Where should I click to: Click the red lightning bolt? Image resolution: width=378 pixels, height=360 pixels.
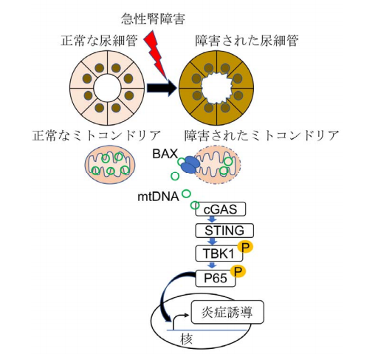click(x=156, y=55)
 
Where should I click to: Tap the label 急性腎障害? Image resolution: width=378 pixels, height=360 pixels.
click(x=153, y=19)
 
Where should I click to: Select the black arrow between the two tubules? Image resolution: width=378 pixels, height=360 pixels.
click(x=162, y=88)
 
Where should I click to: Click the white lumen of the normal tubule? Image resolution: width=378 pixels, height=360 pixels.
click(x=107, y=88)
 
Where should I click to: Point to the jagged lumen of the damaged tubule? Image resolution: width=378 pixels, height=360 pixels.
click(x=216, y=88)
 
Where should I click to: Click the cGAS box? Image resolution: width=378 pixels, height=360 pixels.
click(x=221, y=209)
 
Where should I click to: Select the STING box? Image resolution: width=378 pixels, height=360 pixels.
click(x=224, y=231)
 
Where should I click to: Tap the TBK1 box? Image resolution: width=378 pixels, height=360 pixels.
click(x=219, y=254)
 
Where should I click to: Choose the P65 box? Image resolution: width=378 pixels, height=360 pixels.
click(x=216, y=279)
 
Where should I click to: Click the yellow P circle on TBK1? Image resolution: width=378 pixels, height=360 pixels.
click(x=245, y=247)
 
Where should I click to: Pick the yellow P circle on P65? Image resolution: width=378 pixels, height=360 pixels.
click(x=238, y=271)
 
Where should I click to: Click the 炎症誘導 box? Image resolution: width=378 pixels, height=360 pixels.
click(x=227, y=312)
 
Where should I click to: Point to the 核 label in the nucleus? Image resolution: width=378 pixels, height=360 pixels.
click(x=186, y=339)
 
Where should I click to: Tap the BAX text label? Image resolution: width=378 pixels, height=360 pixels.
click(x=165, y=154)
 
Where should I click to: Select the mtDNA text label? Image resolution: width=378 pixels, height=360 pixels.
click(x=158, y=197)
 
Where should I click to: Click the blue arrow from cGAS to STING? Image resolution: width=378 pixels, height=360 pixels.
click(x=212, y=220)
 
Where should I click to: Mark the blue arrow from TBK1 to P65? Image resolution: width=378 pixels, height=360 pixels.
click(x=212, y=265)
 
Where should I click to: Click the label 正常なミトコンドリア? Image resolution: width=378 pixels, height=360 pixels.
click(x=97, y=135)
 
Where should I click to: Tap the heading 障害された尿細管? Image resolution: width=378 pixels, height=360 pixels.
click(x=247, y=41)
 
